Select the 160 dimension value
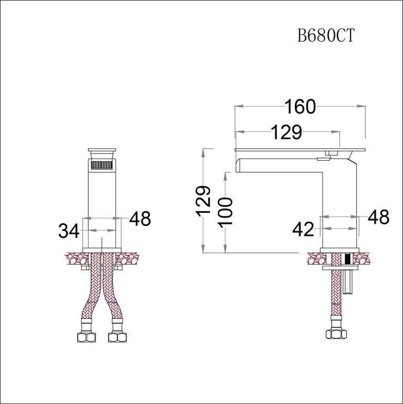(x=300, y=107)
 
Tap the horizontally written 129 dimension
(x=286, y=132)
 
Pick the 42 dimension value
(x=303, y=229)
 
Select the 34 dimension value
(x=69, y=231)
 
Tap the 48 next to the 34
(x=139, y=219)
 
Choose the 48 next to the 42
(x=378, y=217)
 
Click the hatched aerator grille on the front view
(x=102, y=165)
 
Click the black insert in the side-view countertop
(x=347, y=258)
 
